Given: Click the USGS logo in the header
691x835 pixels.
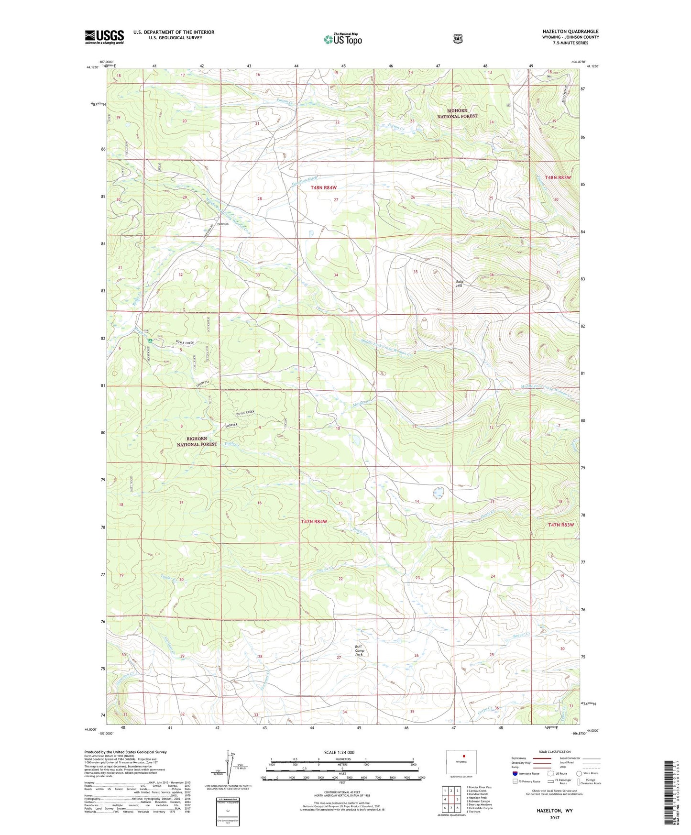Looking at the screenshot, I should coord(104,37).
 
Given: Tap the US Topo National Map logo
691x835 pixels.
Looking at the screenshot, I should coord(343,39).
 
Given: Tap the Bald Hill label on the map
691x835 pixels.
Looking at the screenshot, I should coord(459,284).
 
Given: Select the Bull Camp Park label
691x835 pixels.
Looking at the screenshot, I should coord(360,650).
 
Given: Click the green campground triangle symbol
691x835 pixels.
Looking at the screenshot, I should coord(150,341).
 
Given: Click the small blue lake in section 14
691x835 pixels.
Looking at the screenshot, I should coord(438,492).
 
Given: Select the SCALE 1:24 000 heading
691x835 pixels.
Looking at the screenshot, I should coord(339,752).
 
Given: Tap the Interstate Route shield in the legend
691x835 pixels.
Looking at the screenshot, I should coord(515,773).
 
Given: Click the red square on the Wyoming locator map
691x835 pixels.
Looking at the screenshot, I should coord(463,757).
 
